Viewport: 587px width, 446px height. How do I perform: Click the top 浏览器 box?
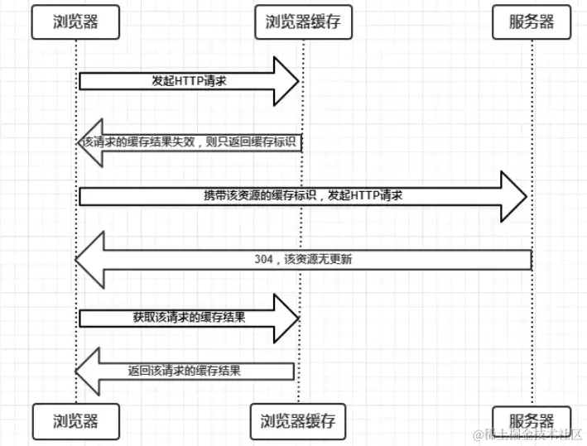(x=75, y=22)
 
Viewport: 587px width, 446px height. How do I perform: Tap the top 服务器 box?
(x=532, y=22)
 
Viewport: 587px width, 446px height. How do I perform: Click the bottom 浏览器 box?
(x=75, y=421)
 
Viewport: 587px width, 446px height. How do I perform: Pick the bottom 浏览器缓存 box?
(x=297, y=421)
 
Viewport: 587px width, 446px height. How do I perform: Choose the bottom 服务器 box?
(x=532, y=421)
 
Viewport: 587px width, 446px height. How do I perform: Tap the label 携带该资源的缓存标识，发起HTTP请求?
(x=304, y=196)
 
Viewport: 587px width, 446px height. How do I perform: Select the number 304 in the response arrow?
(x=266, y=259)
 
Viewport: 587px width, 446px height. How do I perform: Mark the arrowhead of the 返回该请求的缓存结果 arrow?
(x=88, y=371)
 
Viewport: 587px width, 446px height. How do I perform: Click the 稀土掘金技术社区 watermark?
(x=527, y=435)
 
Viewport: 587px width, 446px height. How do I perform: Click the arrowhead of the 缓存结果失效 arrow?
(x=83, y=141)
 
